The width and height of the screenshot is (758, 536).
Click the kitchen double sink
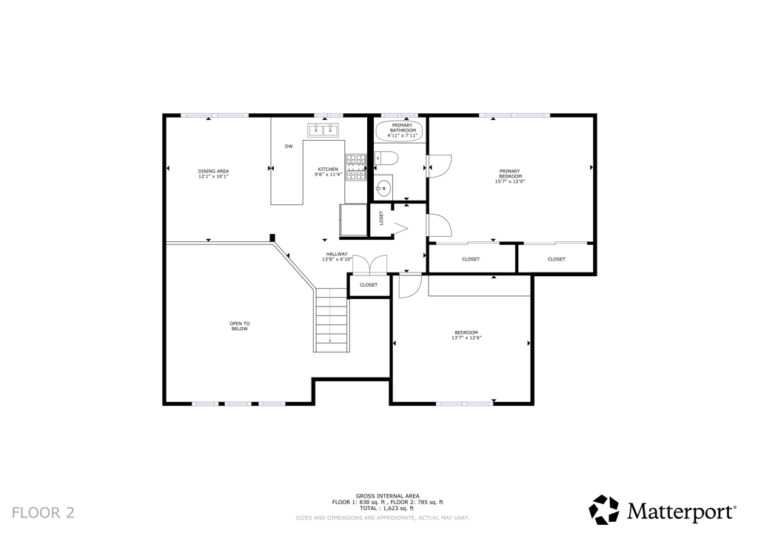pyautogui.click(x=323, y=131)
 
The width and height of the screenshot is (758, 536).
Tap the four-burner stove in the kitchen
pyautogui.click(x=355, y=167)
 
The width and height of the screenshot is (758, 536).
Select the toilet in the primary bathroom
pyautogui.click(x=386, y=158)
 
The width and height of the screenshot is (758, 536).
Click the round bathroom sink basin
pyautogui.click(x=383, y=187)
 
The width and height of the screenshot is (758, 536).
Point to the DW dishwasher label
pyautogui.click(x=289, y=146)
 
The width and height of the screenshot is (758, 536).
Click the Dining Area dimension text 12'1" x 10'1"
pyautogui.click(x=213, y=177)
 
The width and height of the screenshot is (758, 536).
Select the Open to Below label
pyautogui.click(x=239, y=326)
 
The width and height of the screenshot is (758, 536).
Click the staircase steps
pyautogui.click(x=332, y=319)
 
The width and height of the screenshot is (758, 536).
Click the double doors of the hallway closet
pyautogui.click(x=369, y=264)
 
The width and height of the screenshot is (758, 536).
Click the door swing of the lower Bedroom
pyautogui.click(x=409, y=286)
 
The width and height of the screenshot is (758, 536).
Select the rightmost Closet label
pyautogui.click(x=557, y=259)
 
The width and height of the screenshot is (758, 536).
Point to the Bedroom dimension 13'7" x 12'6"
pyautogui.click(x=466, y=338)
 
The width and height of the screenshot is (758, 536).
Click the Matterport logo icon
pyautogui.click(x=603, y=510)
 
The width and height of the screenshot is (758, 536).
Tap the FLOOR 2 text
pyautogui.click(x=43, y=512)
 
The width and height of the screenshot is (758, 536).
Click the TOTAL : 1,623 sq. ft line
pyautogui.click(x=387, y=509)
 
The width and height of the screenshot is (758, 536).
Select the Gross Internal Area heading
pyautogui.click(x=387, y=496)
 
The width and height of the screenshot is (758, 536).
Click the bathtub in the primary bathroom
pyautogui.click(x=398, y=131)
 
